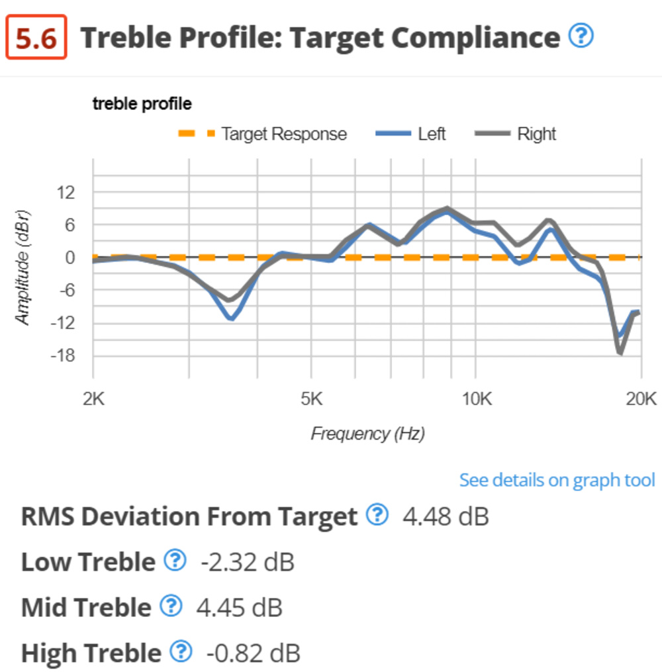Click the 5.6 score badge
point(36,39)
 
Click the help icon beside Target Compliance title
point(581,36)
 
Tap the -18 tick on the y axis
point(65,356)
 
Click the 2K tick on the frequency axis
point(93,399)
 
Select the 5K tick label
point(311,399)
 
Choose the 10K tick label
point(475,399)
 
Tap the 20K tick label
point(641,399)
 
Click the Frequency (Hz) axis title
point(367,434)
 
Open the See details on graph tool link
point(557,479)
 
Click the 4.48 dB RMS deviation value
point(446,516)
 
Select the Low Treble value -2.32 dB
point(248,562)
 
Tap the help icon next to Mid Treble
point(171,606)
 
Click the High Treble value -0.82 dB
point(253,653)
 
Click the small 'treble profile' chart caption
point(142,104)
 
